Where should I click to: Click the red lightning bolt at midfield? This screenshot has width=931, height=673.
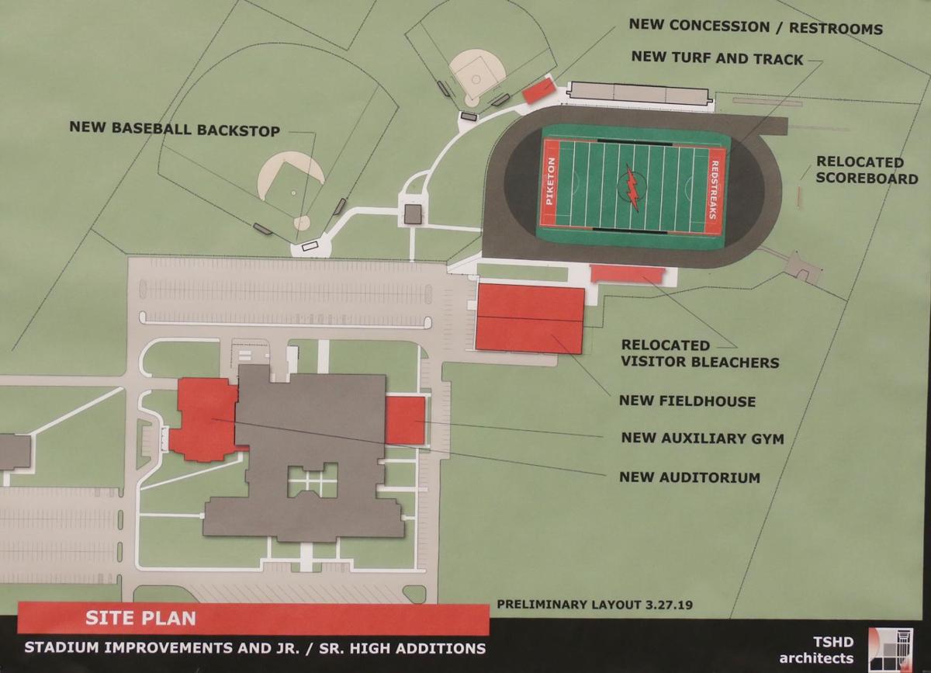tap(632, 187)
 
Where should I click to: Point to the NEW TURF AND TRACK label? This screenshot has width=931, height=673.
tap(717, 58)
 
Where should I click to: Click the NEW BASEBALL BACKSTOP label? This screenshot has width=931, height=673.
tap(175, 128)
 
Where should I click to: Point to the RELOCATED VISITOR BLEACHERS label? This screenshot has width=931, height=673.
tap(699, 353)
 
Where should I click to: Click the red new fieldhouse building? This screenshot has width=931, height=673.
tap(530, 318)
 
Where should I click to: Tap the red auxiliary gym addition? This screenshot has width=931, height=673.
tap(405, 420)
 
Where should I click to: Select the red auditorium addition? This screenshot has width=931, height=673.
tap(204, 418)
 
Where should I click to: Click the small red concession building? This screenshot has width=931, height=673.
tap(538, 91)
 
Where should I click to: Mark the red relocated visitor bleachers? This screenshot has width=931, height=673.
tap(627, 274)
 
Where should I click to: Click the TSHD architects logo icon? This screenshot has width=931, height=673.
tap(890, 649)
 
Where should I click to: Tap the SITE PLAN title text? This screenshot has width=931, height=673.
tap(140, 619)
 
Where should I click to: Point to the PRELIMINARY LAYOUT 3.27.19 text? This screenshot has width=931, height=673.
tap(581, 604)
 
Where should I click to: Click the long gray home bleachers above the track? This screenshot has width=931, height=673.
tap(639, 93)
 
